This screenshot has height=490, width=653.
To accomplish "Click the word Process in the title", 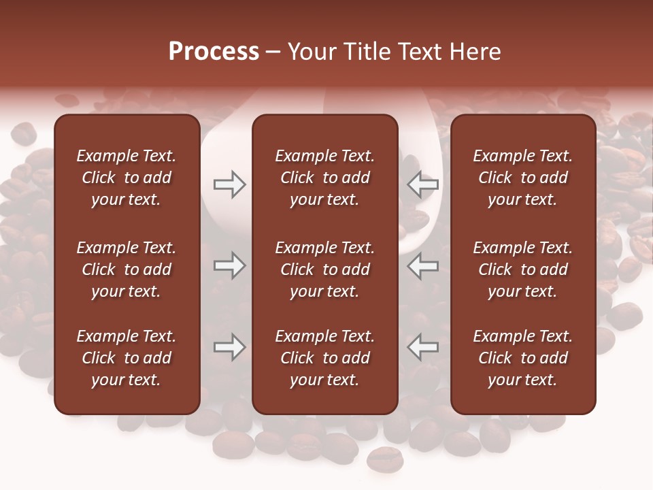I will pos(214,52).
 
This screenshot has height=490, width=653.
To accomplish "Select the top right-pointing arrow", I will pos(229,184).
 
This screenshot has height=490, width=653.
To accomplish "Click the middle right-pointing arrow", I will pos(229,265).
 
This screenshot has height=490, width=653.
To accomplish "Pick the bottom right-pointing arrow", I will pos(229,347).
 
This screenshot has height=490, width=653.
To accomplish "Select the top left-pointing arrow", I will pos(423,184).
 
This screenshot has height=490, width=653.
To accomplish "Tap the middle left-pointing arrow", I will pos(423,265).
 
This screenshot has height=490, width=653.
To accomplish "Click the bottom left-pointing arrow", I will pos(423,347).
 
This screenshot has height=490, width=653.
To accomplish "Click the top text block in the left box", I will pos(127,178).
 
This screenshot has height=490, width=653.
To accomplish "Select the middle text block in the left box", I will pos(127,269).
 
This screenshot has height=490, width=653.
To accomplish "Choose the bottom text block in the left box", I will pos(127,358).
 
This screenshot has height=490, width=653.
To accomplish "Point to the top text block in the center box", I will pos(324,178).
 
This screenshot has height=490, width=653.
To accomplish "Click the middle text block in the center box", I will pos(324,269).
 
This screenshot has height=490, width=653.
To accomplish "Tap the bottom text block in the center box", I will pos(324,358).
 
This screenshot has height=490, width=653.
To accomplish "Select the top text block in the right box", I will pos(522,178).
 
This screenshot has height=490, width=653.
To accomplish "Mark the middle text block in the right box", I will pos(522,269).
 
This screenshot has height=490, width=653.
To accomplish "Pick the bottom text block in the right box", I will pos(522,358).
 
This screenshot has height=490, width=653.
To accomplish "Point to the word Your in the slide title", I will pos(312,52).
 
